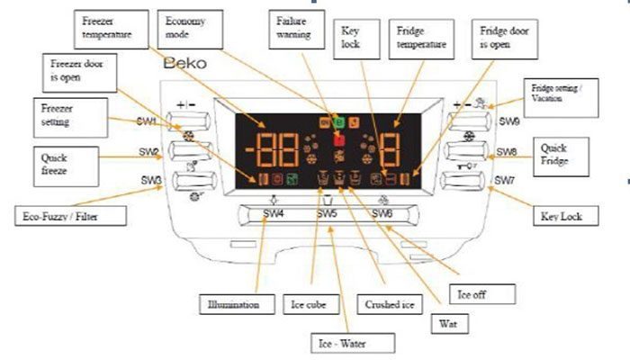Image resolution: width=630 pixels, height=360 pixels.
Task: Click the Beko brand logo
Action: [185, 66]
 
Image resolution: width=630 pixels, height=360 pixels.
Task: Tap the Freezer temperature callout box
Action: [108, 27]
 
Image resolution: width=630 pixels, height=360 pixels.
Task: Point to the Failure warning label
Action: [294, 27]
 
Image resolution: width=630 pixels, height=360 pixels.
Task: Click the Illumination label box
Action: [233, 304]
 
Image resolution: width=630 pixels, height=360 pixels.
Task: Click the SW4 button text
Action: [274, 213]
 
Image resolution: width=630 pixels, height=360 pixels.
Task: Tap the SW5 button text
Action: [327, 213]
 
